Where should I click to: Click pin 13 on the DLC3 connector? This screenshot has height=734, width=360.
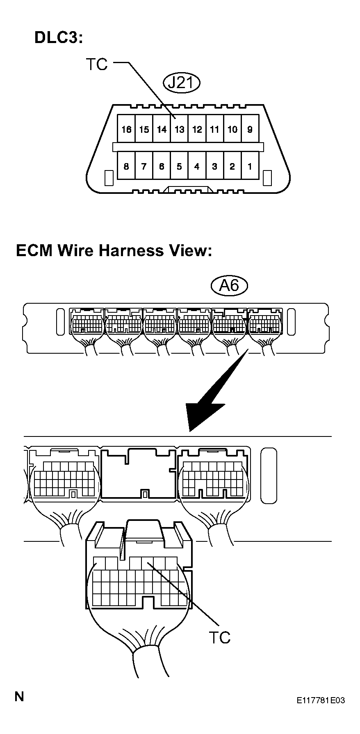[x=179, y=129]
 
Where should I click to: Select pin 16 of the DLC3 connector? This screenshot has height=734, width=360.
[x=126, y=129]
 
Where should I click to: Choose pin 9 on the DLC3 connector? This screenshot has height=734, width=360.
[x=250, y=129]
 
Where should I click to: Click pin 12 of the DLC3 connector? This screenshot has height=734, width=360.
[x=197, y=129]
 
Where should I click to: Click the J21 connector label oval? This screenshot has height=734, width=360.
[x=181, y=83]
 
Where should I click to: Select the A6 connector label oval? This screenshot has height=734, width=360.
[x=229, y=285]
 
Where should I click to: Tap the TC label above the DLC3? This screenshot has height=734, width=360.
[x=97, y=64]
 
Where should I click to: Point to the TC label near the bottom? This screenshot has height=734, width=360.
[x=219, y=637]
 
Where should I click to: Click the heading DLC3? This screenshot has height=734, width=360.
[x=59, y=38]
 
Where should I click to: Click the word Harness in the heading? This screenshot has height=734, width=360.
[x=132, y=250]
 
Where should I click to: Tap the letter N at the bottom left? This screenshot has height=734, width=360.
[x=19, y=696]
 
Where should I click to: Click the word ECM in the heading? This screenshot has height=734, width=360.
[x=34, y=250]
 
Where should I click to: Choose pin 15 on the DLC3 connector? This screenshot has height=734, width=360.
[x=144, y=129]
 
